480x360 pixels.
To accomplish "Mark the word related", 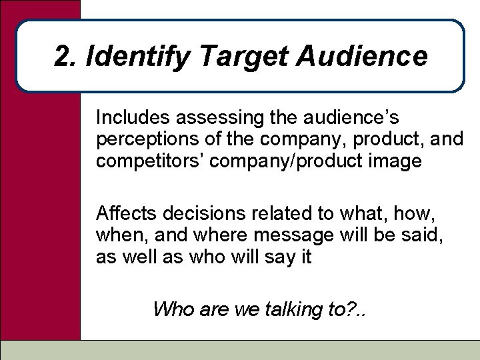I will click(x=261, y=214).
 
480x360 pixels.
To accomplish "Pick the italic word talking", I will click(x=288, y=309).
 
